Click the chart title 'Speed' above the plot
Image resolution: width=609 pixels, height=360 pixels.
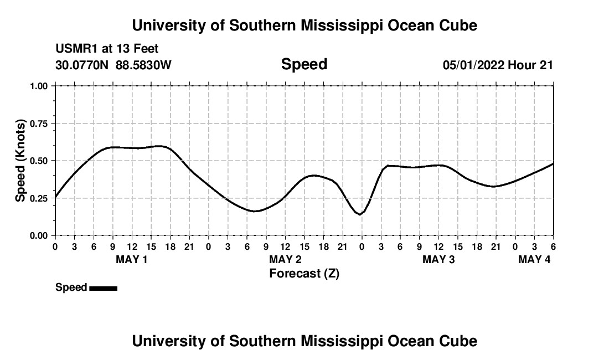tap(304, 64)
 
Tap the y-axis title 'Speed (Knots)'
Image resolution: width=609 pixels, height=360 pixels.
tap(20, 161)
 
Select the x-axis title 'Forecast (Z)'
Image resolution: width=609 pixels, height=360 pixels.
tap(304, 274)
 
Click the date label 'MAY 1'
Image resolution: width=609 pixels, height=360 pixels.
tap(131, 260)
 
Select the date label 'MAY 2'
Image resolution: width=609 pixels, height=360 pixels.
tap(285, 260)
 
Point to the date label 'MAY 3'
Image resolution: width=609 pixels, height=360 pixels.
tap(438, 260)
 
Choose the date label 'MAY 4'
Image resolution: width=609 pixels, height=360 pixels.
tap(534, 260)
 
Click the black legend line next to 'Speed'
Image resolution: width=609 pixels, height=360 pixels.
tap(103, 288)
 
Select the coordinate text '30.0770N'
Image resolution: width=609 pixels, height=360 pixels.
tap(82, 65)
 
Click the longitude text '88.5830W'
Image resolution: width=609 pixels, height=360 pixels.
tap(143, 65)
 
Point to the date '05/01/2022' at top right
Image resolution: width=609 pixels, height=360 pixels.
tap(473, 65)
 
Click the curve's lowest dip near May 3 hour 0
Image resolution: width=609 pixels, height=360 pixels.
tap(360, 214)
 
